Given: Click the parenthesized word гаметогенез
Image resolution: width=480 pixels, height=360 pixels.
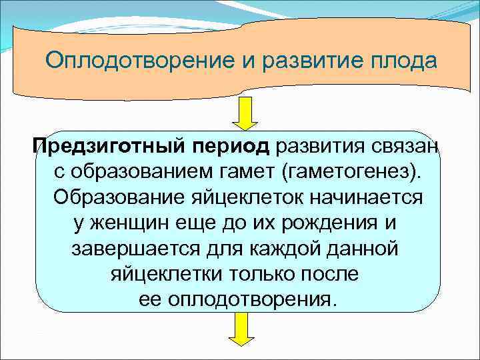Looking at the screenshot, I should pyautogui.click(x=353, y=173).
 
